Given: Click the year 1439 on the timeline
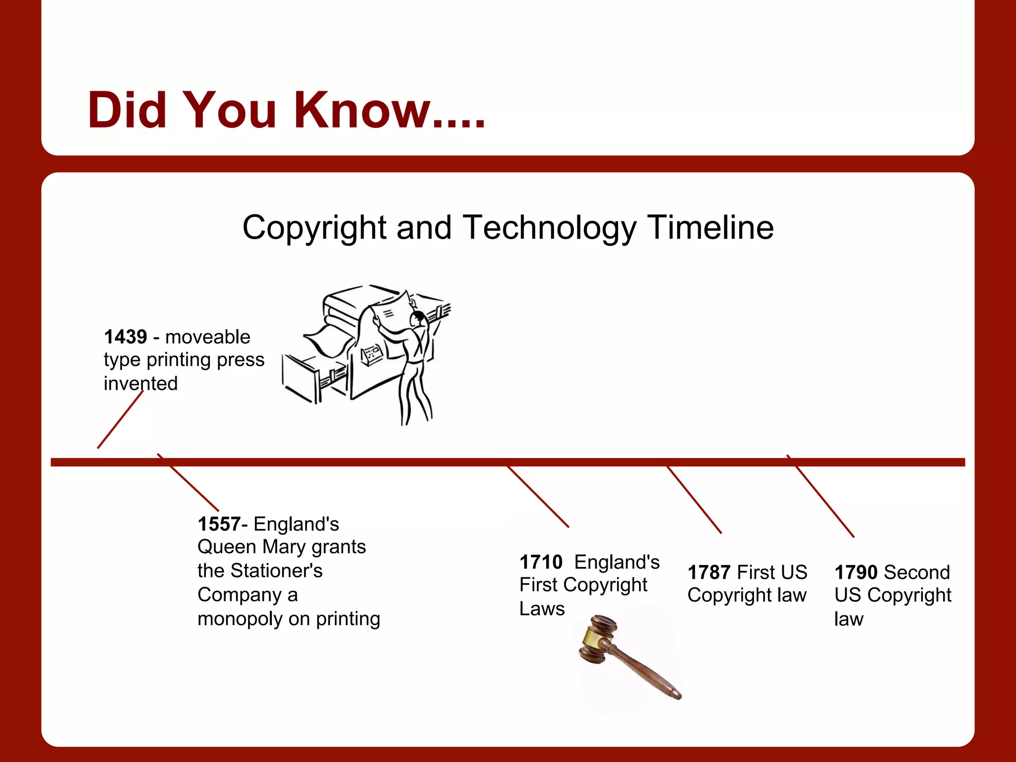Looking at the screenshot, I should pos(126,337).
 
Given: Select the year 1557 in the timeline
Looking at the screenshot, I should pos(219,524).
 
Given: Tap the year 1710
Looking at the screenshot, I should pos(541,562).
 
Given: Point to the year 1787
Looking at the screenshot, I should pos(709,572).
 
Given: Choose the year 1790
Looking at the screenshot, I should pos(856,572).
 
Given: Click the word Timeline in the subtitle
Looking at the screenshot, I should pos(710,228).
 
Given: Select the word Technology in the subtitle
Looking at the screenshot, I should pos(549,228).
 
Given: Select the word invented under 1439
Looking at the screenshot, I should pos(140,383).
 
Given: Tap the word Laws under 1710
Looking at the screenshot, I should pos(542,609).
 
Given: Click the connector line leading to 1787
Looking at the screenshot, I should pos(694,500).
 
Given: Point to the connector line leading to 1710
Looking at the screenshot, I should pos(538,497).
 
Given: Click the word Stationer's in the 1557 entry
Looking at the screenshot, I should pos(276,571).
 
